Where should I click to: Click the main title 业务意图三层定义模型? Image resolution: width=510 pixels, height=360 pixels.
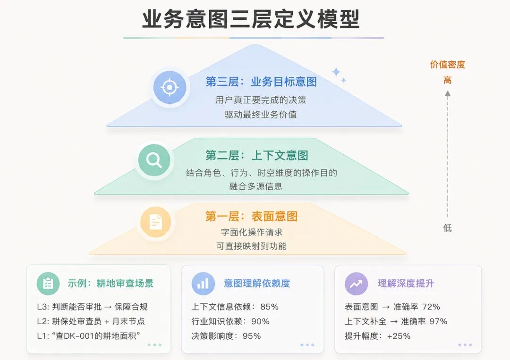[x=251, y=19]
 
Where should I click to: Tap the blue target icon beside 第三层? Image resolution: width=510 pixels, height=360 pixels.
[x=170, y=87]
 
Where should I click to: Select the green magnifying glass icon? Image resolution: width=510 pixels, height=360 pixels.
[x=154, y=160]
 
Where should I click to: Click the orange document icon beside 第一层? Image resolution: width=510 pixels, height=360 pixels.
[x=155, y=222]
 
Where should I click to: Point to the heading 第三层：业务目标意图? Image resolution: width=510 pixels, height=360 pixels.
[x=261, y=82]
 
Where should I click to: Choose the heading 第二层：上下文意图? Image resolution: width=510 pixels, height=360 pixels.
[x=256, y=155]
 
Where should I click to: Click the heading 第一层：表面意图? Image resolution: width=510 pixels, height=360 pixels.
[x=251, y=217]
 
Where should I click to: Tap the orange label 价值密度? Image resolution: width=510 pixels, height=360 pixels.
[x=448, y=64]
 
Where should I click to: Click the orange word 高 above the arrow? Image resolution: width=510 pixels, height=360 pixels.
[x=448, y=80]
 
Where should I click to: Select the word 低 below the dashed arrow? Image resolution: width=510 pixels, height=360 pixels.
[x=448, y=228]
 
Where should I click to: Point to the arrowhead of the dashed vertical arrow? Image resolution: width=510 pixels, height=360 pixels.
[x=448, y=94]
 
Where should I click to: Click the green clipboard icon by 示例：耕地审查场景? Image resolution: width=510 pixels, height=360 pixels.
[x=48, y=283]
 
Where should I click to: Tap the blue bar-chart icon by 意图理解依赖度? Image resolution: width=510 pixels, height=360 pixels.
[x=203, y=283]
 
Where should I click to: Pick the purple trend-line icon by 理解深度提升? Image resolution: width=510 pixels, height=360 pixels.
[x=357, y=284]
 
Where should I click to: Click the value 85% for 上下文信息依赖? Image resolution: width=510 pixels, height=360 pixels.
[x=269, y=307]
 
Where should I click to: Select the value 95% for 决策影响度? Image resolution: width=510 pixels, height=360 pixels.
[x=252, y=336]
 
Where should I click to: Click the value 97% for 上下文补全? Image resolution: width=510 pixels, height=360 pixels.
[x=438, y=321]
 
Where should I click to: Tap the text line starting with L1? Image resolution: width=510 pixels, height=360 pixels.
[x=88, y=336]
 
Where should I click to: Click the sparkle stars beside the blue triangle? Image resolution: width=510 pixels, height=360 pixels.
[x=339, y=75]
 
